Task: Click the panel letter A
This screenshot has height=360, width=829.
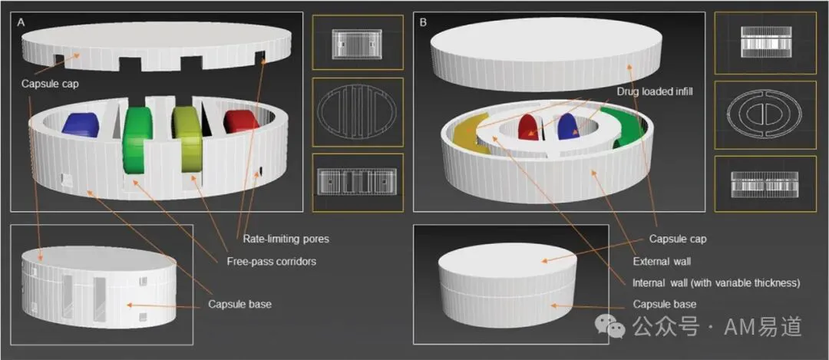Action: (21, 23)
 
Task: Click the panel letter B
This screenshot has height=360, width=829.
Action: (423, 23)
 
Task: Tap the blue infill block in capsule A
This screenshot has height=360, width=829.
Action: (83, 124)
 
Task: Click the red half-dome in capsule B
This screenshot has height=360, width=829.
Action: (527, 127)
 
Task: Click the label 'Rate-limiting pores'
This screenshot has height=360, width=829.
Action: (286, 239)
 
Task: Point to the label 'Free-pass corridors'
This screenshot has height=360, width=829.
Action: (271, 261)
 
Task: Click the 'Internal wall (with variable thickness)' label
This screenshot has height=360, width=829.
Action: (716, 282)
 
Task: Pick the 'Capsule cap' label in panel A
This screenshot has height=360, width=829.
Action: (50, 84)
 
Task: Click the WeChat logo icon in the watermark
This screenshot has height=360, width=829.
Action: (611, 326)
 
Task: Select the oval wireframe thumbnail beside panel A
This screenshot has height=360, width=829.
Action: (358, 112)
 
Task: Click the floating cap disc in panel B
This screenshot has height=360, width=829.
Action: (547, 53)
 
